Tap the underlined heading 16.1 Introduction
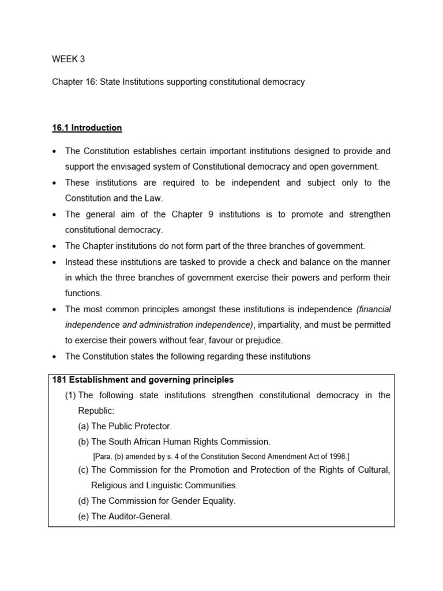87,128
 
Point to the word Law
154,199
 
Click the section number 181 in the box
59,380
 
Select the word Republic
96,411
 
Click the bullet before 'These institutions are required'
54,183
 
